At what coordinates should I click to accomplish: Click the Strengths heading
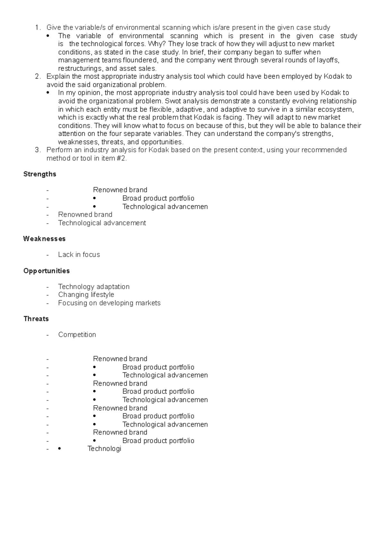point(39,174)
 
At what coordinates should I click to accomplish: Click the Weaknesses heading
point(44,239)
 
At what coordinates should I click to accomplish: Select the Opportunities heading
point(47,271)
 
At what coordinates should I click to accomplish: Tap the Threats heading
point(36,319)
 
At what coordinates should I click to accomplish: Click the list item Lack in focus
point(79,254)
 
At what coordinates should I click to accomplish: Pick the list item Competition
point(77,334)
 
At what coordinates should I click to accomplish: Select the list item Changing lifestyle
point(86,294)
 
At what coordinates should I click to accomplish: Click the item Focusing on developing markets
point(109,303)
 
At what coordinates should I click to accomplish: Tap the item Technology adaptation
point(94,286)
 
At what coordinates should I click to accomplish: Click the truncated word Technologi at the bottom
point(104,449)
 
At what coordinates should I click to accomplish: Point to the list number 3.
point(37,150)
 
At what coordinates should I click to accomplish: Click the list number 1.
point(37,28)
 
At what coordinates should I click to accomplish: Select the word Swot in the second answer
point(171,101)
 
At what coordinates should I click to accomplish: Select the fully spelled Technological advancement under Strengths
point(102,223)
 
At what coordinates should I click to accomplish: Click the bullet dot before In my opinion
point(48,93)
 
